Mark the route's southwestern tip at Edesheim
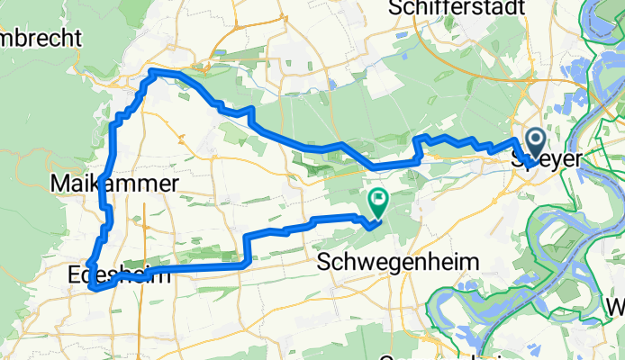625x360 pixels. [93, 288]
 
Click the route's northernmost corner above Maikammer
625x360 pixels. [153, 71]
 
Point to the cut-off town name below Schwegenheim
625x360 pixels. [432, 357]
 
